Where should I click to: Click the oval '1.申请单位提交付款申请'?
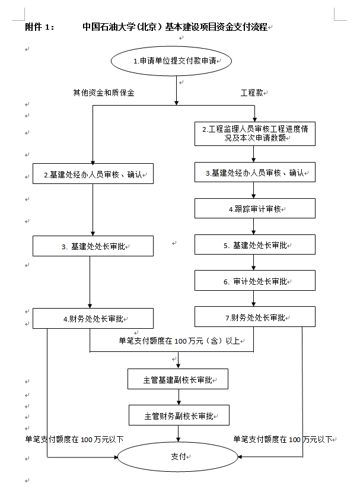(177, 61)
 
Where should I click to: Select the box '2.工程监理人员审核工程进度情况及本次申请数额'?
(255, 134)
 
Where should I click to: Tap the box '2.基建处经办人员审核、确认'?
(93, 175)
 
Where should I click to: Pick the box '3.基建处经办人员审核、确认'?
(255, 173)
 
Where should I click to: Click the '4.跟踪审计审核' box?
(255, 209)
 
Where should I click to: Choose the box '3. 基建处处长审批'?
(93, 246)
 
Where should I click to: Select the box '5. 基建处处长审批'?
(255, 244)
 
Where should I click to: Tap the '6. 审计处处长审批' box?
(255, 281)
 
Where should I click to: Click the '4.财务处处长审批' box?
(93, 318)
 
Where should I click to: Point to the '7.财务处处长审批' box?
(255, 317)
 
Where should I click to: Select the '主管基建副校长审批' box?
(178, 379)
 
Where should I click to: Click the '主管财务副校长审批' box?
(179, 415)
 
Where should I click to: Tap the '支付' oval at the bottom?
(177, 456)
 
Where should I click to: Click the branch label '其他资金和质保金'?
(104, 93)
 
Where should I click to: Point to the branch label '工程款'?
(252, 93)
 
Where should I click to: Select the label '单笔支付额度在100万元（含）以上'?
(179, 341)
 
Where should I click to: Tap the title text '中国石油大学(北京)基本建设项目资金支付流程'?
(175, 27)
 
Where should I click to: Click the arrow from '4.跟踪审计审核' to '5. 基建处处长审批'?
(255, 227)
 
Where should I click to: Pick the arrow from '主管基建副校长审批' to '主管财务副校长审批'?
(179, 397)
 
